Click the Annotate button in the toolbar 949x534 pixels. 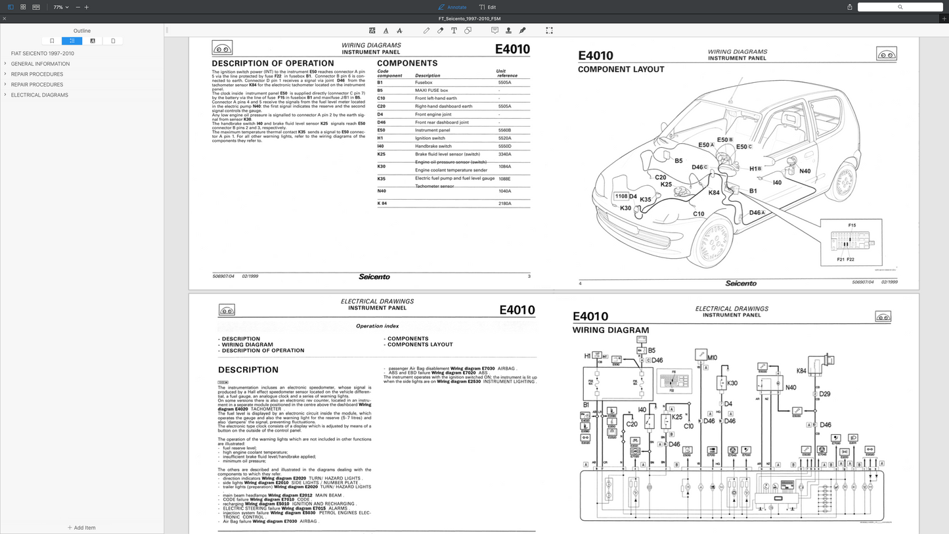pos(452,7)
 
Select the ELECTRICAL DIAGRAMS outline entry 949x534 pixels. pos(39,95)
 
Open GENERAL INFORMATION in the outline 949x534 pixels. pos(40,64)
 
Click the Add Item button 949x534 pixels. pos(81,527)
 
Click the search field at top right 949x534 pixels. pos(900,7)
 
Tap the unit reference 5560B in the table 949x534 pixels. pos(504,130)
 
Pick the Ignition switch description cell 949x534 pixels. pos(430,138)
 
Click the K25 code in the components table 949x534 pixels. pos(381,154)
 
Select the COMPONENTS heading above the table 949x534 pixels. pos(407,63)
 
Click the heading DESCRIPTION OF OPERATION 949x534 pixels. pos(273,63)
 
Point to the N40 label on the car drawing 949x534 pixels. pos(805,171)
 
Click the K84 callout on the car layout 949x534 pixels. pos(714,192)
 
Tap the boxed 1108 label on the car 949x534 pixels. pos(621,196)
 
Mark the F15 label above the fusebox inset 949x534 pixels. pos(851,225)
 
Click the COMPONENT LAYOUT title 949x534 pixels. pos(621,69)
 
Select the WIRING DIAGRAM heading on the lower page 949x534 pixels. pos(610,330)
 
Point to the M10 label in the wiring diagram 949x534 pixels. pos(712,358)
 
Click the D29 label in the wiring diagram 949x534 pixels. pos(825,394)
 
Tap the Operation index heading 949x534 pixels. pos(377,326)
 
